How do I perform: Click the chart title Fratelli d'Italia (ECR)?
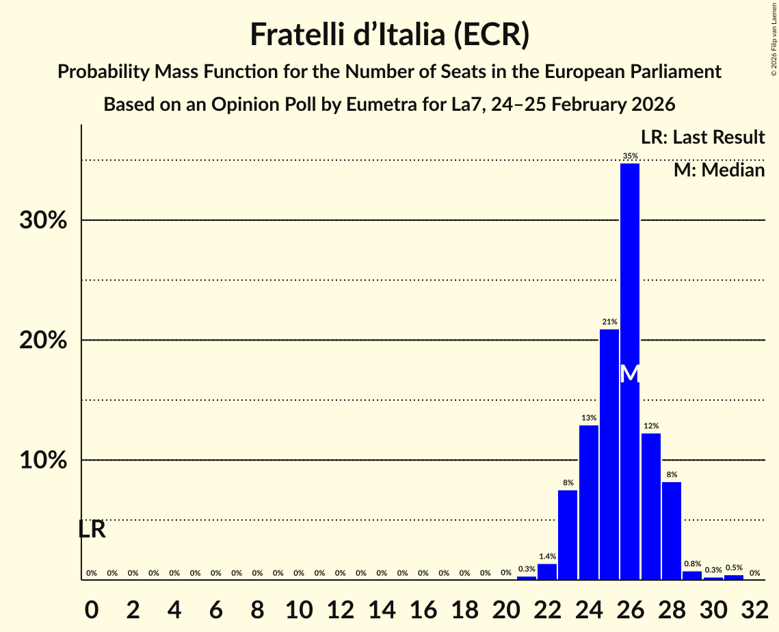click(x=389, y=34)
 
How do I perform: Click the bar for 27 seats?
click(x=651, y=506)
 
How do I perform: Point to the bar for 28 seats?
click(x=672, y=531)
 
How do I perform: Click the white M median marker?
click(x=630, y=374)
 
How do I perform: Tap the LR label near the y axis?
click(x=92, y=529)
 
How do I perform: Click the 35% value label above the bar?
click(x=630, y=157)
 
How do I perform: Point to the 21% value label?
click(x=609, y=321)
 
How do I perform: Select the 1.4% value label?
click(x=547, y=557)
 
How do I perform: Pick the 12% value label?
click(x=651, y=425)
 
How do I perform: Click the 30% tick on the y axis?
click(x=47, y=221)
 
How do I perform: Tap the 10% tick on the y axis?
click(x=47, y=460)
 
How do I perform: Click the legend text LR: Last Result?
click(x=702, y=137)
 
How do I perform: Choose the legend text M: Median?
click(x=719, y=170)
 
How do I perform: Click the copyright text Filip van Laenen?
click(x=774, y=37)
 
